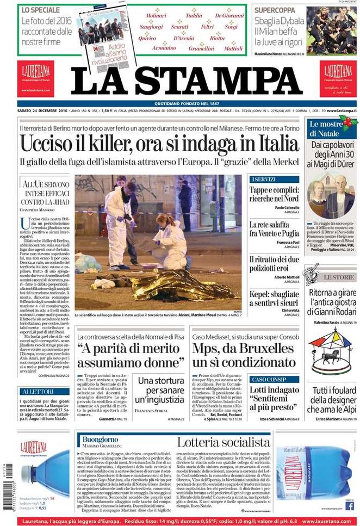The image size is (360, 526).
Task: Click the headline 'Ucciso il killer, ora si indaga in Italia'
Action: click(159, 144)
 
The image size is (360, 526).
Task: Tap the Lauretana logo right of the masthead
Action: click(338, 78)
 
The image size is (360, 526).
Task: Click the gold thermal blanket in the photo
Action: click(179, 288)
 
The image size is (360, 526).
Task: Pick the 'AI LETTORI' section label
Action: click(38, 392)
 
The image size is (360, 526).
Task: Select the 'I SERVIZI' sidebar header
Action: click(264, 179)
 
